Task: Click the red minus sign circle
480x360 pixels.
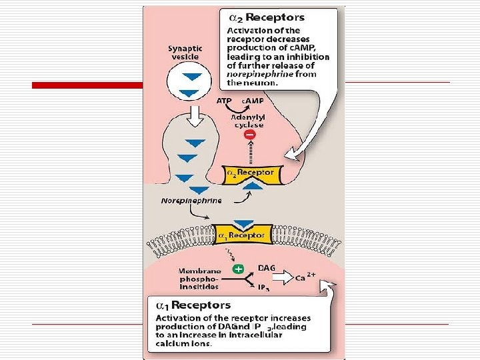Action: point(250,135)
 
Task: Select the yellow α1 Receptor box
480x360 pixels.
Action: point(241,235)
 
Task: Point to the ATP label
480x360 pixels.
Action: point(225,101)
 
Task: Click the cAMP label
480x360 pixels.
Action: point(251,101)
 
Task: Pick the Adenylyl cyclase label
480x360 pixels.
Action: point(247,121)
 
